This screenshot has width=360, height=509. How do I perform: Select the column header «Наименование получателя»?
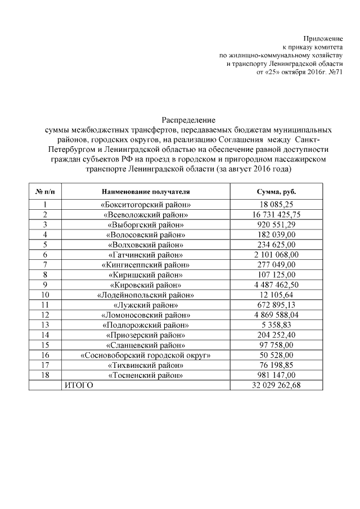[x=146, y=191]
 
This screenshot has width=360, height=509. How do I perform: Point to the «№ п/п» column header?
[x=45, y=191]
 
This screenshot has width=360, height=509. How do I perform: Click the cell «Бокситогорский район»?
[x=146, y=205]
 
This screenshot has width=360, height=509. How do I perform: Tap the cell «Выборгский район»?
[x=146, y=225]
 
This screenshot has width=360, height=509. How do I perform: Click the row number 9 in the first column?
[x=45, y=285]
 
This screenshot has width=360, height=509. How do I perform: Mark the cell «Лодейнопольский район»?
[x=146, y=295]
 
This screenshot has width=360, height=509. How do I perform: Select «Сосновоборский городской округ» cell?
[x=146, y=355]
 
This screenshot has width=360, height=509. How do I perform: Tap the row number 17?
[x=45, y=365]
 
